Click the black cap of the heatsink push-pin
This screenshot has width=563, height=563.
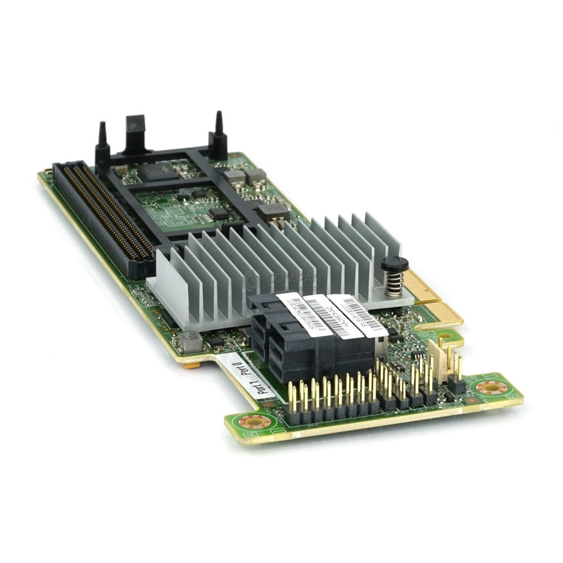pyautogui.click(x=395, y=263)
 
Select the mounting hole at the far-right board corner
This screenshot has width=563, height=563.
pyautogui.click(x=490, y=387)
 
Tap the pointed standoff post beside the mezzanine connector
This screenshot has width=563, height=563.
pyautogui.click(x=102, y=144)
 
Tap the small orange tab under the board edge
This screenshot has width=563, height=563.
pyautogui.click(x=191, y=365)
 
